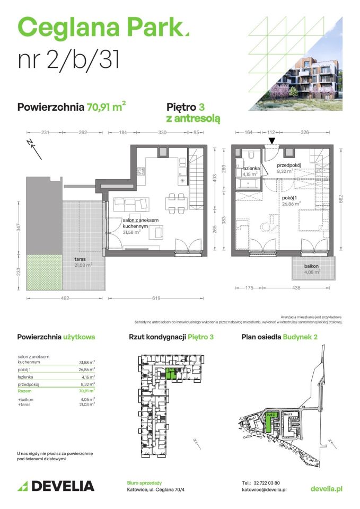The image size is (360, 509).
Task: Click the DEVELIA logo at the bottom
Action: [56, 486]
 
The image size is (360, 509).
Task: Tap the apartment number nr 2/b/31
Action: [68, 60]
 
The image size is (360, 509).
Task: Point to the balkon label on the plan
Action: [311, 266]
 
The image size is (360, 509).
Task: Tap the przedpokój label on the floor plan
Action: [289, 165]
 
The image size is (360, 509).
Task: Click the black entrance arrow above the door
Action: [272, 141]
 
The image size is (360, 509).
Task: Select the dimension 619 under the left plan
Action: [155, 299]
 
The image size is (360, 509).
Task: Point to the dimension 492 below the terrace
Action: [64, 299]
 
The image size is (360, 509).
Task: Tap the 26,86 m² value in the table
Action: [87, 370]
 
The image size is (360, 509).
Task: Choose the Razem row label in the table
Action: [25, 390]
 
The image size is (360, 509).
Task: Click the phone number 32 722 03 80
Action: [271, 483]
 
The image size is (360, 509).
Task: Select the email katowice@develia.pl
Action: [264, 490]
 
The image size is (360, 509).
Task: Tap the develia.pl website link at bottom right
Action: [326, 487]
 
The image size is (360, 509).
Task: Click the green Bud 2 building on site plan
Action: [269, 422]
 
